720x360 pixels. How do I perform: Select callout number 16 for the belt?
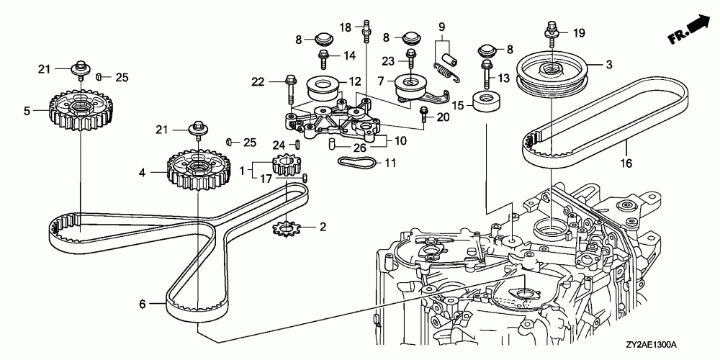pyautogui.click(x=626, y=163)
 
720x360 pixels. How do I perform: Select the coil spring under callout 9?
pyautogui.click(x=446, y=73)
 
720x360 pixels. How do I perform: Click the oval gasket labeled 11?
pyautogui.click(x=357, y=162)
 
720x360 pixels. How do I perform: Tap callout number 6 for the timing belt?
pyautogui.click(x=143, y=304)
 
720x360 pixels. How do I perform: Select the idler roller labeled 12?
pyautogui.click(x=323, y=89)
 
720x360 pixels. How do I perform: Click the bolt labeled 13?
pyautogui.click(x=487, y=75)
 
